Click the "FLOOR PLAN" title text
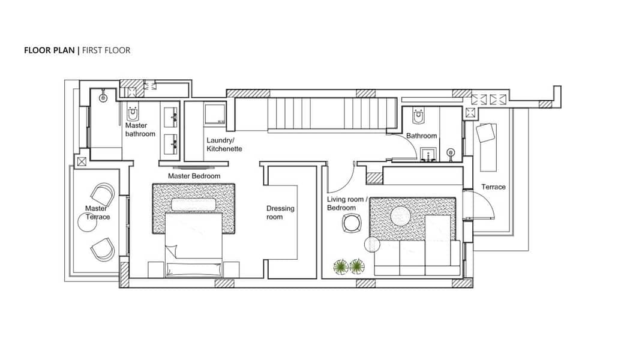click(49, 50)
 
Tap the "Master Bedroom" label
click(194, 176)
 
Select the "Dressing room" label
click(280, 212)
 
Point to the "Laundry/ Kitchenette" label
click(224, 145)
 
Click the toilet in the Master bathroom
click(133, 114)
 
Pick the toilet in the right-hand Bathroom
click(418, 116)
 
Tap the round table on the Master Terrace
click(88, 222)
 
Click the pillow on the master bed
click(193, 205)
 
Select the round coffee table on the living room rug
click(400, 217)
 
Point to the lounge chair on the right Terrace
click(487, 146)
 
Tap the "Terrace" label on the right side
click(493, 187)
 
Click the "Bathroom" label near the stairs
click(421, 136)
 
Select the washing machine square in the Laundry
click(215, 113)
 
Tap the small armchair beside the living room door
click(352, 223)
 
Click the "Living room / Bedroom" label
click(347, 203)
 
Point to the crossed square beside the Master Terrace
click(82, 161)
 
